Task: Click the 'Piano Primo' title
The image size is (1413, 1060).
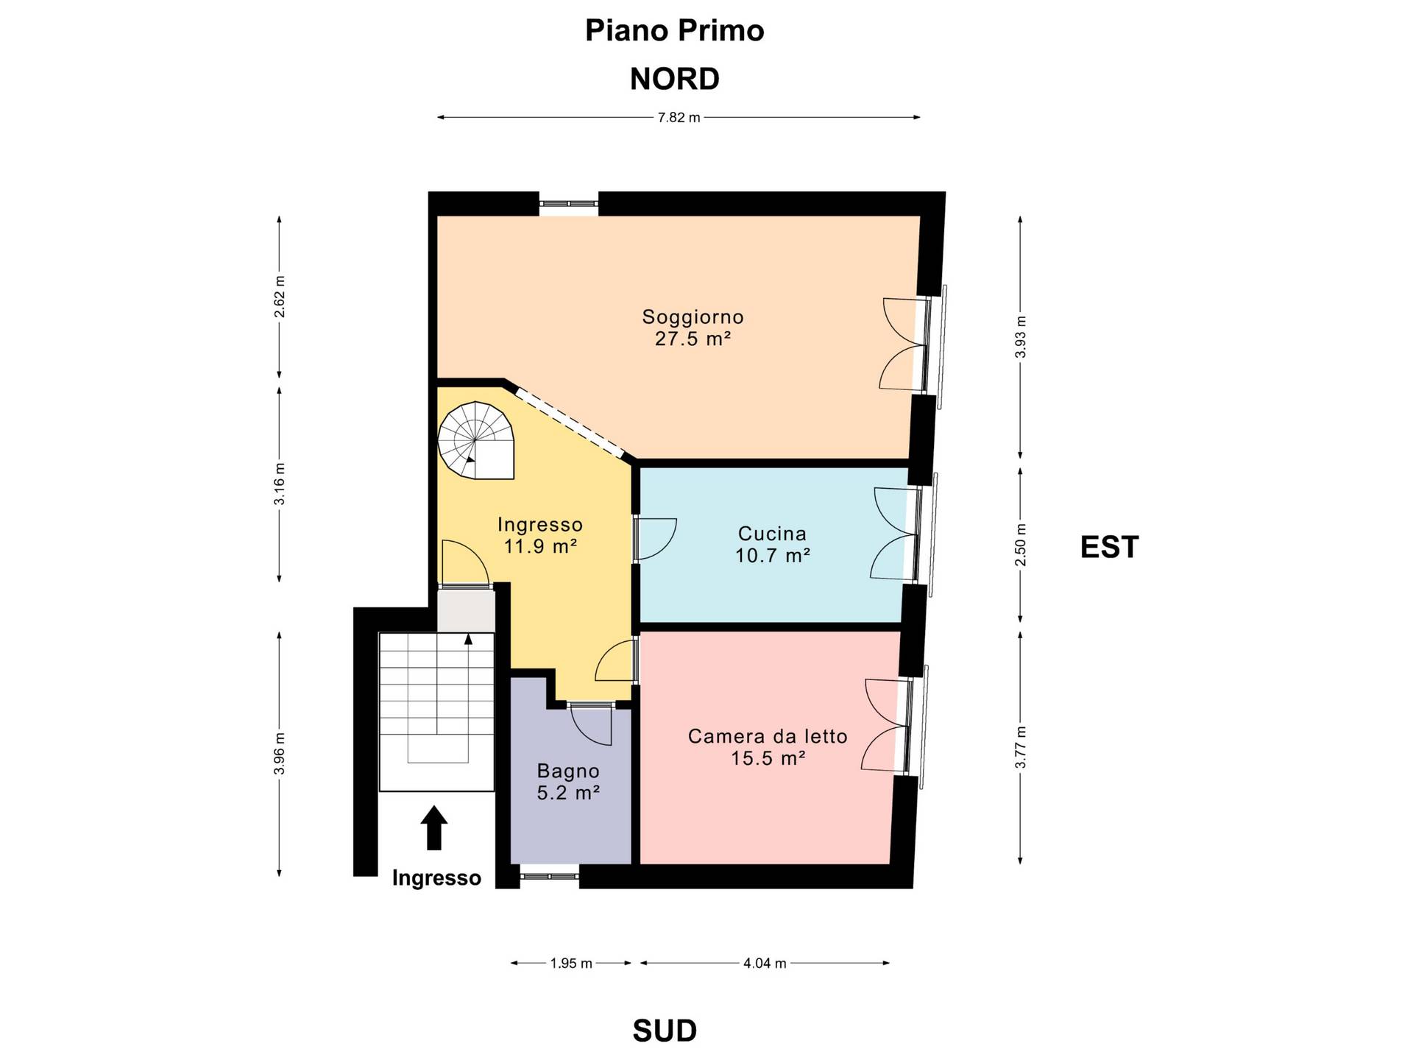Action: pos(674,31)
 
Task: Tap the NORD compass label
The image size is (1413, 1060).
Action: pos(674,79)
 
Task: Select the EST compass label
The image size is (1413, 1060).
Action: pos(1109,547)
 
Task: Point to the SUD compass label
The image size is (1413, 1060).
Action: pos(665,1031)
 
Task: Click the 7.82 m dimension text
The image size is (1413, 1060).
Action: pos(679,117)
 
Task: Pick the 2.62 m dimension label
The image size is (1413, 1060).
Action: pos(279,297)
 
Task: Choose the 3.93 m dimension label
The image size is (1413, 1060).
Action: pos(1020,337)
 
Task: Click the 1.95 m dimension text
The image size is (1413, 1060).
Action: pos(571,963)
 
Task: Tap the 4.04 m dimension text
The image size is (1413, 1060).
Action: pos(765,963)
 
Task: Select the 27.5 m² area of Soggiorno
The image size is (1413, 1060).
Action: pos(693,339)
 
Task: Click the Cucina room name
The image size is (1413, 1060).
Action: pos(772,533)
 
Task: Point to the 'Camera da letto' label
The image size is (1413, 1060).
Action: pos(768,736)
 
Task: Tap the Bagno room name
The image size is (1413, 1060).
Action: pos(568,771)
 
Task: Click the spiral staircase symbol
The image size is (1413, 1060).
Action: pos(475,440)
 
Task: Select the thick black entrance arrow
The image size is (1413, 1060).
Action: pos(434,827)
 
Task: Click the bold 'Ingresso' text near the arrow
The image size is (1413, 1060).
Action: pos(436,878)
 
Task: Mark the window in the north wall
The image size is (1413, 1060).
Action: pos(568,204)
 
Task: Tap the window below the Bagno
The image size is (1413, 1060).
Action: pos(549,876)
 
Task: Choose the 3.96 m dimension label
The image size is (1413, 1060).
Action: pos(279,754)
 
